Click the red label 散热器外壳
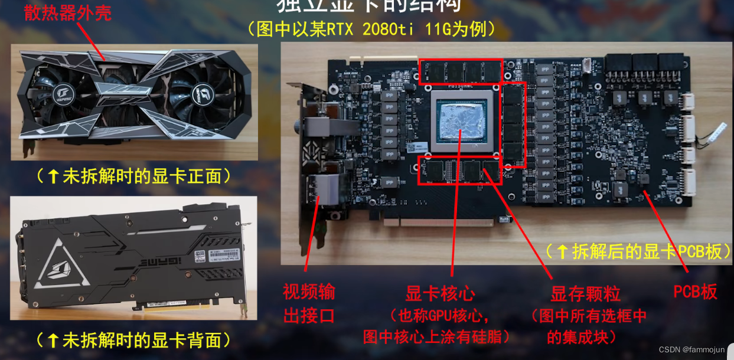(x=67, y=13)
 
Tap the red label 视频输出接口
(x=309, y=303)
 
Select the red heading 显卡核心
(x=440, y=293)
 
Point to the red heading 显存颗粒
(x=585, y=293)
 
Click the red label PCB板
(x=695, y=292)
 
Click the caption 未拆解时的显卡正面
(x=133, y=176)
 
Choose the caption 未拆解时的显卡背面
(x=133, y=340)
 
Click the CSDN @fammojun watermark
(x=691, y=350)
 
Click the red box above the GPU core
(x=461, y=71)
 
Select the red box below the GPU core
(x=460, y=171)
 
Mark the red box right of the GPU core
(x=514, y=124)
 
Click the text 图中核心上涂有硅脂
(x=438, y=336)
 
